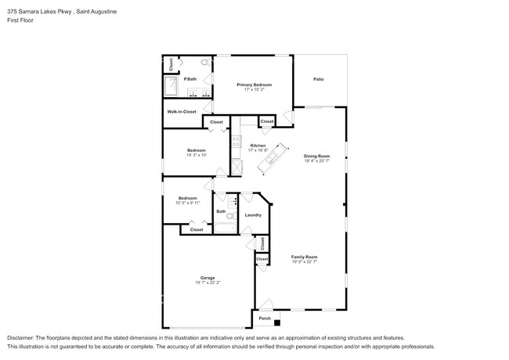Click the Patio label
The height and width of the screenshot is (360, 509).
coord(319,79)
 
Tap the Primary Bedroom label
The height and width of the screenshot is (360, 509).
coord(254,84)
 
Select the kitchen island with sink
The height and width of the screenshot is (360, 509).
coord(270,163)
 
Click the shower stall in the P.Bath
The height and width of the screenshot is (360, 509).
coord(171,85)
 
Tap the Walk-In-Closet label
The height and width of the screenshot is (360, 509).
coord(181,112)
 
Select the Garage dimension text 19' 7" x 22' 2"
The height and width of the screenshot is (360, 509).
coord(207,283)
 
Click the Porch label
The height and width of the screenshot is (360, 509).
coord(265,319)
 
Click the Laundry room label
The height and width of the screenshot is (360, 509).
coord(253,214)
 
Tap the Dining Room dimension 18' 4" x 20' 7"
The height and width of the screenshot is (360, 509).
coord(317,160)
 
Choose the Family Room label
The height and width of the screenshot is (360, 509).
coord(305,257)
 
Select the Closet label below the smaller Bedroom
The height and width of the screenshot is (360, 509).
coord(197,229)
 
